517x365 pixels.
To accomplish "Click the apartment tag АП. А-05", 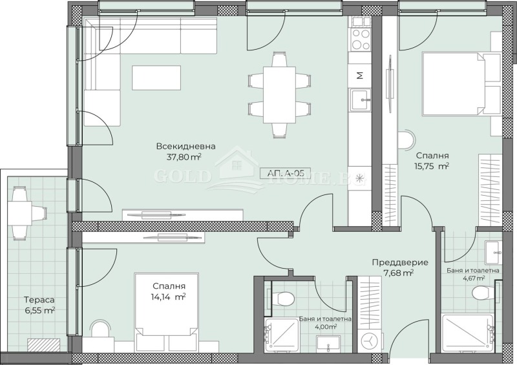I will [284, 173].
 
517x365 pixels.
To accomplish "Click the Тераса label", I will [39, 300].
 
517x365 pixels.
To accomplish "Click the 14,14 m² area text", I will [169, 297].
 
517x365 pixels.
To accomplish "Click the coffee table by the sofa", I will [156, 77].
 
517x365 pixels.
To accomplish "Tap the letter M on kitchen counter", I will [360, 75].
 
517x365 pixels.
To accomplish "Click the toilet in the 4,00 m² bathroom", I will [282, 298].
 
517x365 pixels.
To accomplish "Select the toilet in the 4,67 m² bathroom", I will [482, 293].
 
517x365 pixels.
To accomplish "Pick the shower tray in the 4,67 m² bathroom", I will [467, 334].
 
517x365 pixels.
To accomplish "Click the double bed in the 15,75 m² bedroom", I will [461, 85].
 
